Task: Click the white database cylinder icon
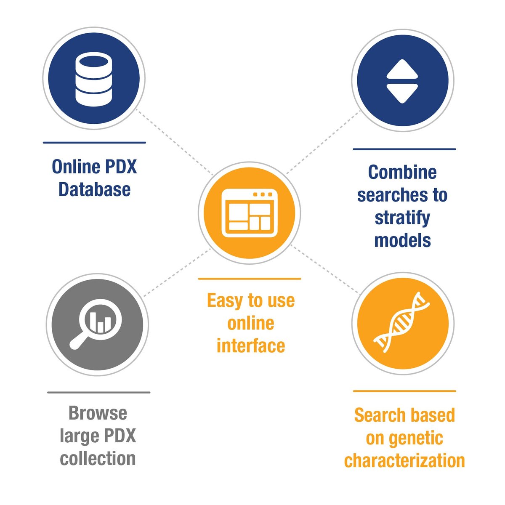[x=94, y=79]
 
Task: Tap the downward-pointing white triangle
[x=402, y=93]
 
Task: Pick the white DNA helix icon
[x=403, y=321]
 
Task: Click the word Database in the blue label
[x=94, y=189]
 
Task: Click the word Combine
[x=402, y=173]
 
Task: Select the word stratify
[x=402, y=218]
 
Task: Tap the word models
[x=402, y=240]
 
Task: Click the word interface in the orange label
[x=251, y=346]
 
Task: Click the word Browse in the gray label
[x=98, y=413]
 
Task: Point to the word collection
[x=98, y=458]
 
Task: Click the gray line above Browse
[x=98, y=393]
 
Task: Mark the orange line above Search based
[x=404, y=391]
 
